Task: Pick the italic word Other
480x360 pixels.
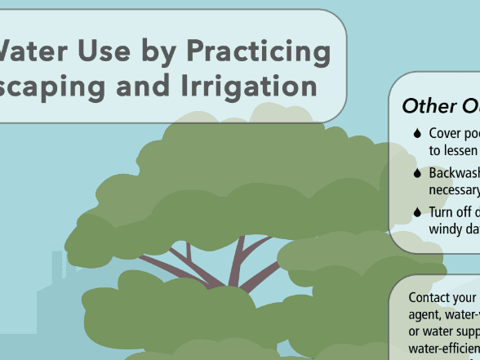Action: point(429,106)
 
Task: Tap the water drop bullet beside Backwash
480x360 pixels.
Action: point(417,173)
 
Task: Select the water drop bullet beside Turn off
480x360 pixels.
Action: point(417,211)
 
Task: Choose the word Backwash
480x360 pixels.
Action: point(453,173)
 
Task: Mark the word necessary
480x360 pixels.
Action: point(453,191)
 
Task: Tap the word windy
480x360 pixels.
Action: point(446,229)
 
